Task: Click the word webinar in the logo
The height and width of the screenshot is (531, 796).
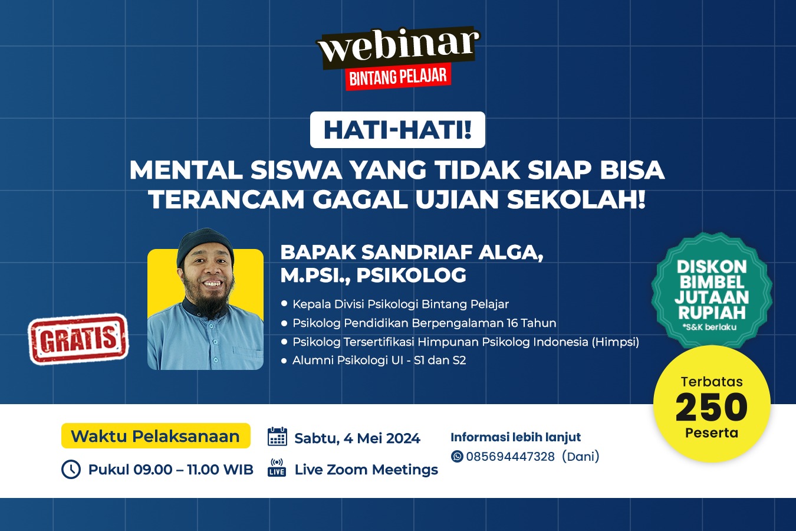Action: click(398, 46)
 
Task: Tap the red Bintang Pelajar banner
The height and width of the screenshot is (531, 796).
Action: click(398, 77)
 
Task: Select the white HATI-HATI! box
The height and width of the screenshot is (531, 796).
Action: click(397, 130)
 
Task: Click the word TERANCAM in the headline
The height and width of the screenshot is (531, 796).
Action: click(226, 199)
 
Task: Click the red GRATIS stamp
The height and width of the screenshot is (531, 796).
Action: click(78, 339)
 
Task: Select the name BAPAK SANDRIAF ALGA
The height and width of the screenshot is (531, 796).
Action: click(412, 253)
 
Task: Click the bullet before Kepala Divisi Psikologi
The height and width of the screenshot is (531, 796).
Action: click(284, 304)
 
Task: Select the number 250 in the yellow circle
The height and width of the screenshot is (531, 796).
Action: click(712, 407)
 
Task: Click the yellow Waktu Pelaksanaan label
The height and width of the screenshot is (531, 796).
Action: click(156, 436)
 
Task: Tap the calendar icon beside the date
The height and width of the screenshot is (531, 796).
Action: click(277, 437)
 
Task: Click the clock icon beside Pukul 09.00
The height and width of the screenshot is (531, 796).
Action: click(71, 469)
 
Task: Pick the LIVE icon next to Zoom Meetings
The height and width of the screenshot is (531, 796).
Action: click(277, 468)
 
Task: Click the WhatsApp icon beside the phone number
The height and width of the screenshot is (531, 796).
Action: click(457, 456)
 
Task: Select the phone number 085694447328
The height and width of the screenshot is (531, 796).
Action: click(510, 456)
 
